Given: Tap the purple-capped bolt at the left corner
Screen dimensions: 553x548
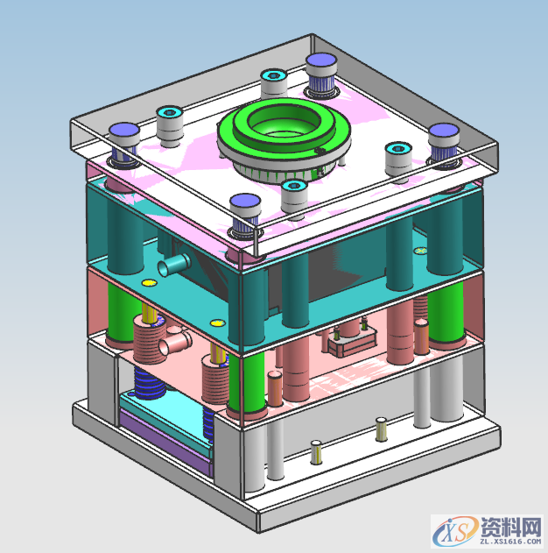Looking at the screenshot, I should coord(123,136).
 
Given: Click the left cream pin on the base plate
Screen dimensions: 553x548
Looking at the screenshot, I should coord(316,452).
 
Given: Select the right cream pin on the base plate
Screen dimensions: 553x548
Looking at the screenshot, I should coord(381,428).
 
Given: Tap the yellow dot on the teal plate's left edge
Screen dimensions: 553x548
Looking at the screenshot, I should coord(148,282).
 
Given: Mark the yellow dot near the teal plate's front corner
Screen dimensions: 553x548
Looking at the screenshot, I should coord(218,323).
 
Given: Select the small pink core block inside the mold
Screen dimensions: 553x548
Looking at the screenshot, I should coord(351,337).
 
